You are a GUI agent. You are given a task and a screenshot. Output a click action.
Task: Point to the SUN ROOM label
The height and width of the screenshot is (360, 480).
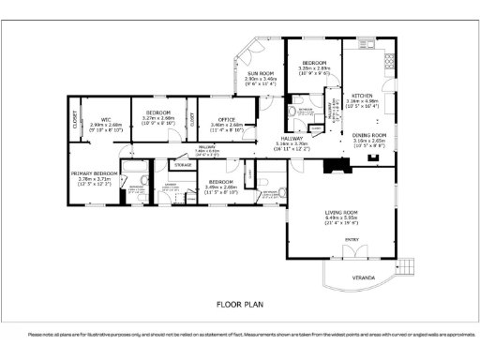click(260, 73)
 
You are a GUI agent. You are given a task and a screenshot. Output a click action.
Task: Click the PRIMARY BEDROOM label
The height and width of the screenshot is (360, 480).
click(97, 173)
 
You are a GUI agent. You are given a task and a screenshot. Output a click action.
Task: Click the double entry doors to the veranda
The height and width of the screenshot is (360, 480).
click(352, 256)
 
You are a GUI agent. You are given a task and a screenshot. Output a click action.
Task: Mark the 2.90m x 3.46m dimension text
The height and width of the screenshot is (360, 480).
click(260, 79)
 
